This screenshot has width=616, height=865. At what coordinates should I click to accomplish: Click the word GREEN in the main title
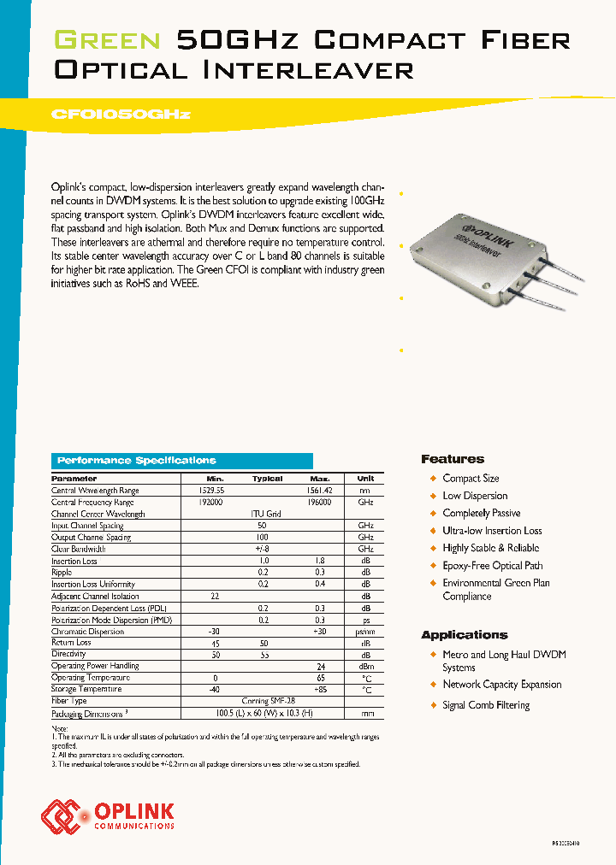107,40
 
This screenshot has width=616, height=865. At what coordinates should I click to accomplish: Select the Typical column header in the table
267,479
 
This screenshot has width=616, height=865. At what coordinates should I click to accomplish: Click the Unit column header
365,479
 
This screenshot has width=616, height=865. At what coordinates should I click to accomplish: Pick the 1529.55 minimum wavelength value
214,491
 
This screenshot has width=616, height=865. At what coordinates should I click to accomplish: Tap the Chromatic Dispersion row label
87,632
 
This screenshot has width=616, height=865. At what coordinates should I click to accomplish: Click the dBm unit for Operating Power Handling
365,666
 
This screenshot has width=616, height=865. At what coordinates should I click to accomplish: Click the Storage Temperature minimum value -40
215,689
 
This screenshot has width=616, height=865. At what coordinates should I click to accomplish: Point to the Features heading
453,459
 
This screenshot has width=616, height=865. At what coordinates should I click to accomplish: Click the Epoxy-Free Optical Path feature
492,566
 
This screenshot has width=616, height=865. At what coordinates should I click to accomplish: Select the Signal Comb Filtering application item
486,705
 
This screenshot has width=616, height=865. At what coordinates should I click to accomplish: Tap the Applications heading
465,635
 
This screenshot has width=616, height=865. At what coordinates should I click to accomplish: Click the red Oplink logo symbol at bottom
60,816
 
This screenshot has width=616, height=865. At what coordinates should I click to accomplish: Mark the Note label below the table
59,727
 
